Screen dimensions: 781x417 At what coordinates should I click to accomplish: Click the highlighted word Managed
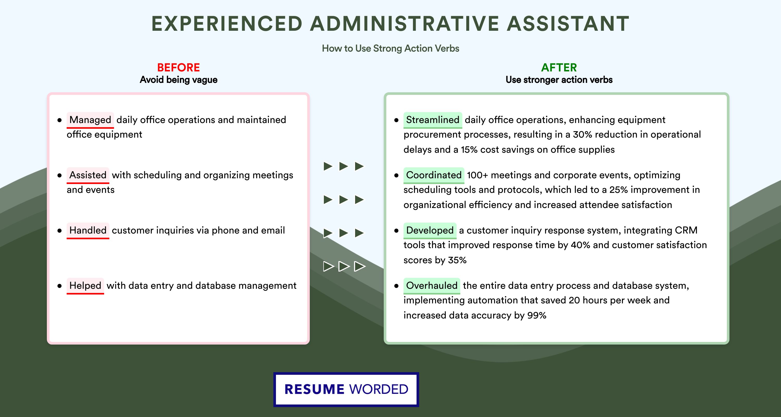(x=90, y=120)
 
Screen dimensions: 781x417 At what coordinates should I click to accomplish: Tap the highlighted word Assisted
(x=88, y=175)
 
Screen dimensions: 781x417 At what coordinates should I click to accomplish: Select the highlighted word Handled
(x=88, y=230)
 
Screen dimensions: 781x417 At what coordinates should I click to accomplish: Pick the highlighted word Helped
(x=85, y=286)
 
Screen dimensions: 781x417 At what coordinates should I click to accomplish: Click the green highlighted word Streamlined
(x=433, y=120)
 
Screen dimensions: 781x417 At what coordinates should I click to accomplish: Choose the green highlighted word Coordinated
(x=434, y=175)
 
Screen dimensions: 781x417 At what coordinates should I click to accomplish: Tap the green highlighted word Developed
(x=430, y=230)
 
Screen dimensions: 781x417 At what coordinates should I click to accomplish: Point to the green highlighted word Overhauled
(x=432, y=286)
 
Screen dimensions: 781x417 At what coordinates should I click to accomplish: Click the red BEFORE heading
(x=179, y=68)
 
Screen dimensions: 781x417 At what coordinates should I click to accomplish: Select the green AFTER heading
(x=559, y=68)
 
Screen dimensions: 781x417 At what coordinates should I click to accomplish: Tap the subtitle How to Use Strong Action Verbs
(x=391, y=48)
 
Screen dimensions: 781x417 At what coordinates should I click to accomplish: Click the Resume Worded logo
(x=346, y=389)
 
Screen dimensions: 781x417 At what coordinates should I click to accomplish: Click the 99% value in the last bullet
(x=537, y=315)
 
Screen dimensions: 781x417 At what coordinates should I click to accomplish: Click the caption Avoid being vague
(x=179, y=80)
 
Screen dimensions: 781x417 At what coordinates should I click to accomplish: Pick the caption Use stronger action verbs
(x=559, y=80)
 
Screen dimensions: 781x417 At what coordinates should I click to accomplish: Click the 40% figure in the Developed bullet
(x=581, y=245)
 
